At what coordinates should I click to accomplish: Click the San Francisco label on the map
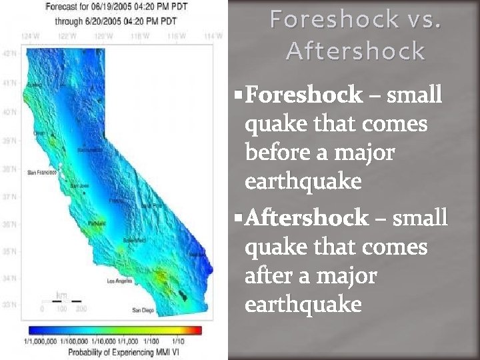41,172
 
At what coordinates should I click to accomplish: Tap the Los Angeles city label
121,281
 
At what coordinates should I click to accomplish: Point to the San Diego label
143,310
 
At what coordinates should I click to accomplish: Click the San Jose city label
79,185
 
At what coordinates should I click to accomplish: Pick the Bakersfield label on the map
134,240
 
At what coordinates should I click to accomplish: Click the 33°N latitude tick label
10,305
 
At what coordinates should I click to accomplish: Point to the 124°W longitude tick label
30,35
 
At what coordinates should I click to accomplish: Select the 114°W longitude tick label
213,35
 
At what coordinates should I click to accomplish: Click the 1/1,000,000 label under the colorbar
41,341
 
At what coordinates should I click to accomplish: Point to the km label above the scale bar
61,295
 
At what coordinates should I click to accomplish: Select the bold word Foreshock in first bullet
304,95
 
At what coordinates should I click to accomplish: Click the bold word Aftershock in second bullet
307,218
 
